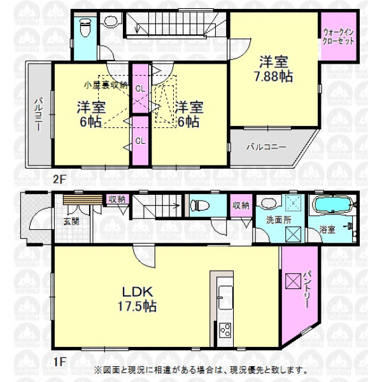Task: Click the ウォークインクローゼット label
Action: tap(338, 36)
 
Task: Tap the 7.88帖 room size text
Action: tap(273, 77)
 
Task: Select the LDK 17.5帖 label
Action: tap(137, 299)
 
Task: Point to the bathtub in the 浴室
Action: tap(334, 205)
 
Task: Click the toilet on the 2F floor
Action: tap(85, 29)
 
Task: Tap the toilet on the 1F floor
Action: tap(199, 205)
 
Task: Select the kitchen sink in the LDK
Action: tap(225, 297)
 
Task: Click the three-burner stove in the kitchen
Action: tap(225, 330)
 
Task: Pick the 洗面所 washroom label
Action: tap(279, 220)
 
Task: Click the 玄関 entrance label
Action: tap(71, 221)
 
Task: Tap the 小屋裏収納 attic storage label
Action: tap(106, 85)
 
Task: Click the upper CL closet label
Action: tap(140, 89)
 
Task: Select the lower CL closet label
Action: tap(140, 141)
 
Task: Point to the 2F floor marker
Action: tap(60, 180)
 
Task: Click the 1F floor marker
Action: tap(60, 362)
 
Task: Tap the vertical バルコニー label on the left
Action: tap(38, 114)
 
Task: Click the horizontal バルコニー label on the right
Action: tap(266, 147)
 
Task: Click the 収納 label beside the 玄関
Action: tap(117, 200)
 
